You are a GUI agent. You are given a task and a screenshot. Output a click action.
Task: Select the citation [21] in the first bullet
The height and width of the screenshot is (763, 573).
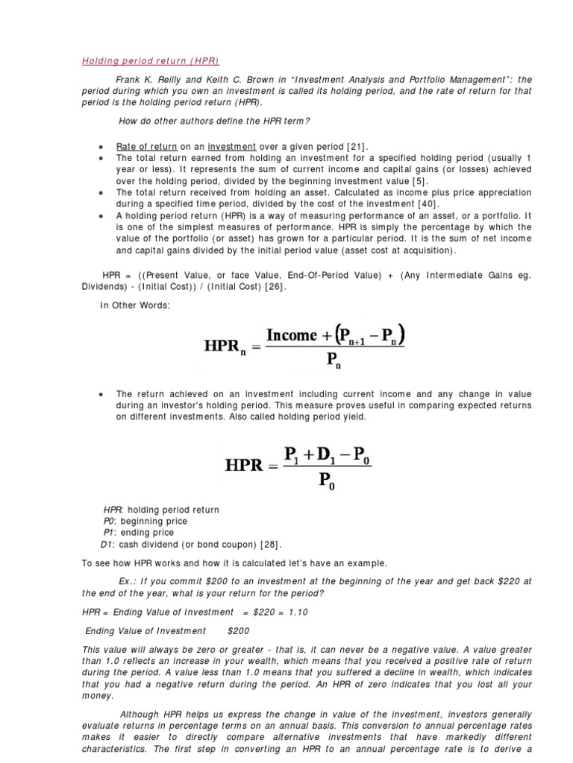357,147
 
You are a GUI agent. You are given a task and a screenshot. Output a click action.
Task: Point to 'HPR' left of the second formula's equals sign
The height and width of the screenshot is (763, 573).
243,466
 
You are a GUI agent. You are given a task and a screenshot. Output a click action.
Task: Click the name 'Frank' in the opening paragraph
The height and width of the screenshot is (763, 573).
128,79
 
